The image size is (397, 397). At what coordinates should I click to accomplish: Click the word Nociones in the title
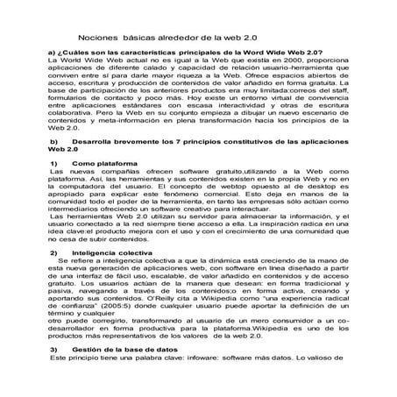coord(97,39)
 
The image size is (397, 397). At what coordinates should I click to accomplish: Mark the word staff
coord(337,92)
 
